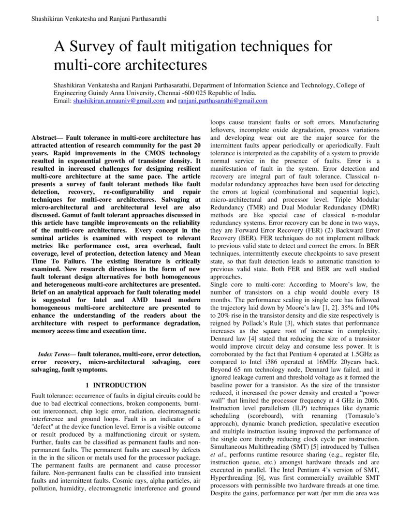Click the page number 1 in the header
377,19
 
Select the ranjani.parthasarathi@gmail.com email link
222,101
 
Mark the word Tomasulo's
359,416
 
